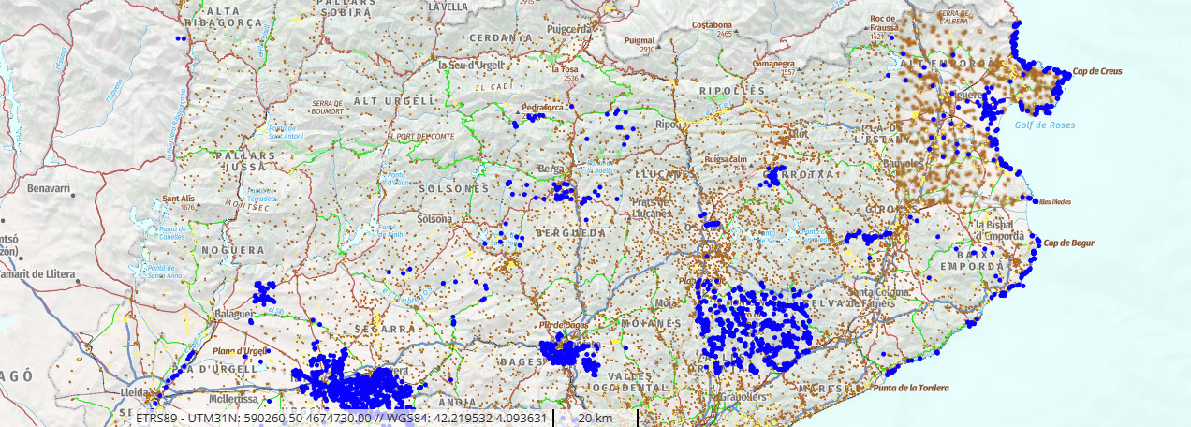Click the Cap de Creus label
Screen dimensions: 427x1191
[1097, 71]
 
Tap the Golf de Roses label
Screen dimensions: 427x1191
[1045, 125]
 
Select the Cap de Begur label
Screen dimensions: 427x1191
[1068, 243]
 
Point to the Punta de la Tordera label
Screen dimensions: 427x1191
[910, 388]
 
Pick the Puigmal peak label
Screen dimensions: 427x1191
[640, 41]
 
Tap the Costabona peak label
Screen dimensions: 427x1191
[711, 25]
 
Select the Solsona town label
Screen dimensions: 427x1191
[434, 219]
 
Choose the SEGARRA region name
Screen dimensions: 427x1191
[385, 330]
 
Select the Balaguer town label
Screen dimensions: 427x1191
[234, 314]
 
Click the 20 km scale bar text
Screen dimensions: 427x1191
[595, 418]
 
